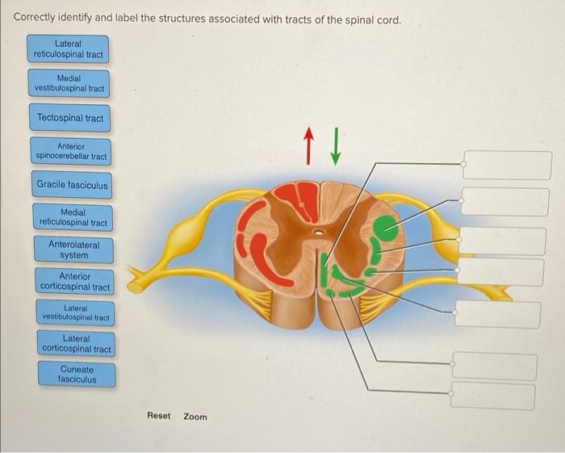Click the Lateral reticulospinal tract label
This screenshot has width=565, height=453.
(68, 48)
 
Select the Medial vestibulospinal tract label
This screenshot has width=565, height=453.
(69, 83)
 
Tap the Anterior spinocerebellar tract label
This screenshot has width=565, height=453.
(71, 151)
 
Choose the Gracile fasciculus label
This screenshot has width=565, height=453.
(72, 185)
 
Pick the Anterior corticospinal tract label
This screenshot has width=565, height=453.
(74, 282)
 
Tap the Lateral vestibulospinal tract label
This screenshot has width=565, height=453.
(75, 314)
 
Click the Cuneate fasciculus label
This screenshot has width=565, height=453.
(77, 374)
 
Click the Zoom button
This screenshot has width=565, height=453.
(195, 417)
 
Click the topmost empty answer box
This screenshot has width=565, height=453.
(507, 165)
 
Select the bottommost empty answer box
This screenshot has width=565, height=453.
(492, 396)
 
